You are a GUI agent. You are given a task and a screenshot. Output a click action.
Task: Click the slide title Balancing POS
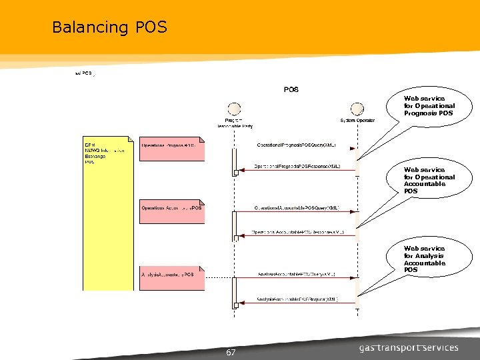point(109,27)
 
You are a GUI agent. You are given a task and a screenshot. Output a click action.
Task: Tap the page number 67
point(231,352)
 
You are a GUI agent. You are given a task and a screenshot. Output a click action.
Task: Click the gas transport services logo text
point(409,347)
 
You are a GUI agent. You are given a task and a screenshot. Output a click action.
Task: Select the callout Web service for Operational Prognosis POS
point(429,106)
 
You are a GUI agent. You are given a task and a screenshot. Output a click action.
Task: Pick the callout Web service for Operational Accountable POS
point(429,181)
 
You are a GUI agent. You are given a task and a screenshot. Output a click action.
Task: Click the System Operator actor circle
point(357,109)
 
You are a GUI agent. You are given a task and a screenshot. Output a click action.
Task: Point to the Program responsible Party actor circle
point(234,109)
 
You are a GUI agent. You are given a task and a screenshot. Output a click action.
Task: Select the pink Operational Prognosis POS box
point(171,149)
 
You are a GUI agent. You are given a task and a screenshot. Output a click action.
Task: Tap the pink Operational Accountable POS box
point(171,211)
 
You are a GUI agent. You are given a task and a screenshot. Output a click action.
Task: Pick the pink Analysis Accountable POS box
point(171,278)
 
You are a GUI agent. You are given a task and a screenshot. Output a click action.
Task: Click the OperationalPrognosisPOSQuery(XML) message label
point(296,145)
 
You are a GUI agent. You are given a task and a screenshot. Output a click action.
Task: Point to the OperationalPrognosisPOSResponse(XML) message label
point(297,166)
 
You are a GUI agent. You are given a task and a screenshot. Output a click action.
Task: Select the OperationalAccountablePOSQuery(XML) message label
point(297,208)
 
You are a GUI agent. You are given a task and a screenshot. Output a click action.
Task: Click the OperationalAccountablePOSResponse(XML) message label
point(297,232)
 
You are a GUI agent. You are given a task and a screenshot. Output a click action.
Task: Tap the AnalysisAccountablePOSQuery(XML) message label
point(297,275)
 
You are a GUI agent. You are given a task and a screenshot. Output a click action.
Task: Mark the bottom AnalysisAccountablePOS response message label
point(297,299)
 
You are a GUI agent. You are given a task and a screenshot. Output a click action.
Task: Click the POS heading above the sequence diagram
point(291,89)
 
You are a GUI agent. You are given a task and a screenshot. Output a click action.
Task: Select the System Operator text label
point(357,121)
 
